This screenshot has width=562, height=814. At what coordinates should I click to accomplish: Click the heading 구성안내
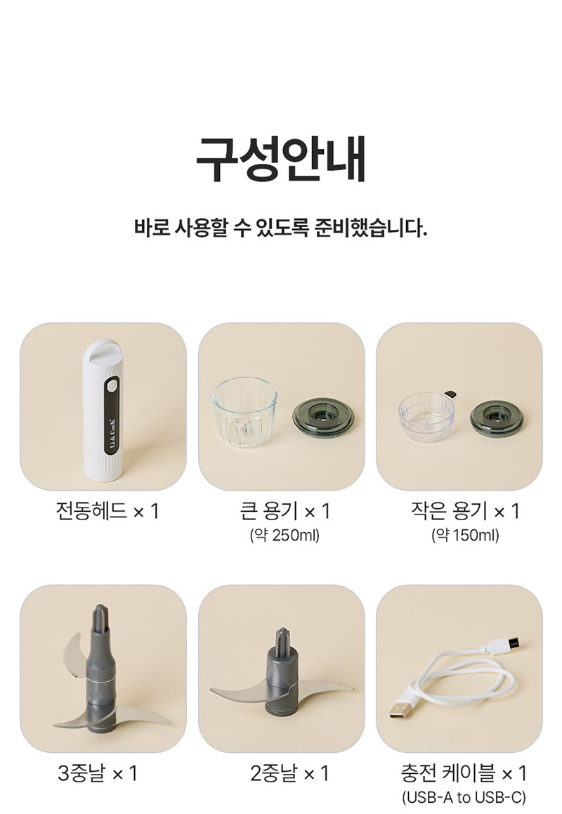tap(281, 159)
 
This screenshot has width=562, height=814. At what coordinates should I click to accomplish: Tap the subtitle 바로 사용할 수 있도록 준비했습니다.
tap(281, 228)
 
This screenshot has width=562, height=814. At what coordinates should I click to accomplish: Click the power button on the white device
tap(112, 387)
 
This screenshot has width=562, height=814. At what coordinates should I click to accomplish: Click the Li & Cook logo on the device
tap(112, 429)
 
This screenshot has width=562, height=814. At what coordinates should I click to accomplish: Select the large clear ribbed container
tap(244, 412)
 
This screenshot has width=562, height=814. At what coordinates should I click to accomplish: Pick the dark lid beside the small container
tap(497, 417)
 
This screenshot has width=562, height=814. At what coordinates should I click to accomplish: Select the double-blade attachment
tap(282, 674)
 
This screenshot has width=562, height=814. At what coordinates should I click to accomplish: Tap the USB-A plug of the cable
tap(402, 709)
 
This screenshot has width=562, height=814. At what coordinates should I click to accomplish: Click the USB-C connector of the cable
tap(509, 645)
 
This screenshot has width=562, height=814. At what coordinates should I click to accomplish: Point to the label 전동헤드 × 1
tap(107, 511)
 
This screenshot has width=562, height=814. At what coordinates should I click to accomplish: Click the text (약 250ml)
tap(285, 535)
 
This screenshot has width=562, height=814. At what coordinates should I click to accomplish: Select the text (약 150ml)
tap(465, 535)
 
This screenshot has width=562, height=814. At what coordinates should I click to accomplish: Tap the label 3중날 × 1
tap(98, 773)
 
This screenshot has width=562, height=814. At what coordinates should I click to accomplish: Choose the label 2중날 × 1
tap(289, 773)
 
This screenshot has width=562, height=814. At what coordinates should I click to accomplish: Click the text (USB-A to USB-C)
tap(464, 797)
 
